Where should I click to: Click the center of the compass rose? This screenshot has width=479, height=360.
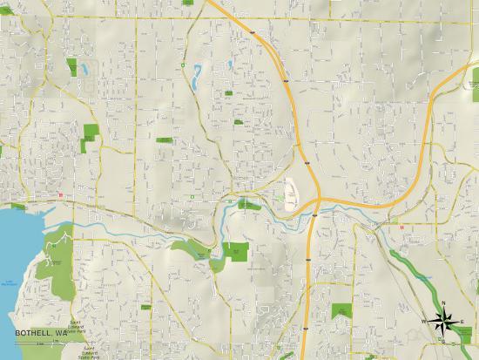tap(444, 321)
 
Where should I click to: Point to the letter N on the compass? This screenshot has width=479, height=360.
tap(444, 302)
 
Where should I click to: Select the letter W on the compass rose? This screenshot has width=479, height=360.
tap(426, 322)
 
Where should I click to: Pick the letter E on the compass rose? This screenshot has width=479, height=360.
tap(462, 322)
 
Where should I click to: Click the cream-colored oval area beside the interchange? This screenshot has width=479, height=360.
tap(291, 192)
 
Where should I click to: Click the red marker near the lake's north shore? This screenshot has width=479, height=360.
tap(59, 195)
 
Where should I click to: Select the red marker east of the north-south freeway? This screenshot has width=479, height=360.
tap(401, 228)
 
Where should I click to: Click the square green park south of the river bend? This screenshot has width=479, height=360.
tap(235, 252)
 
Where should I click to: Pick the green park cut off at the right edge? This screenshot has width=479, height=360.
tap(474, 282)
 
